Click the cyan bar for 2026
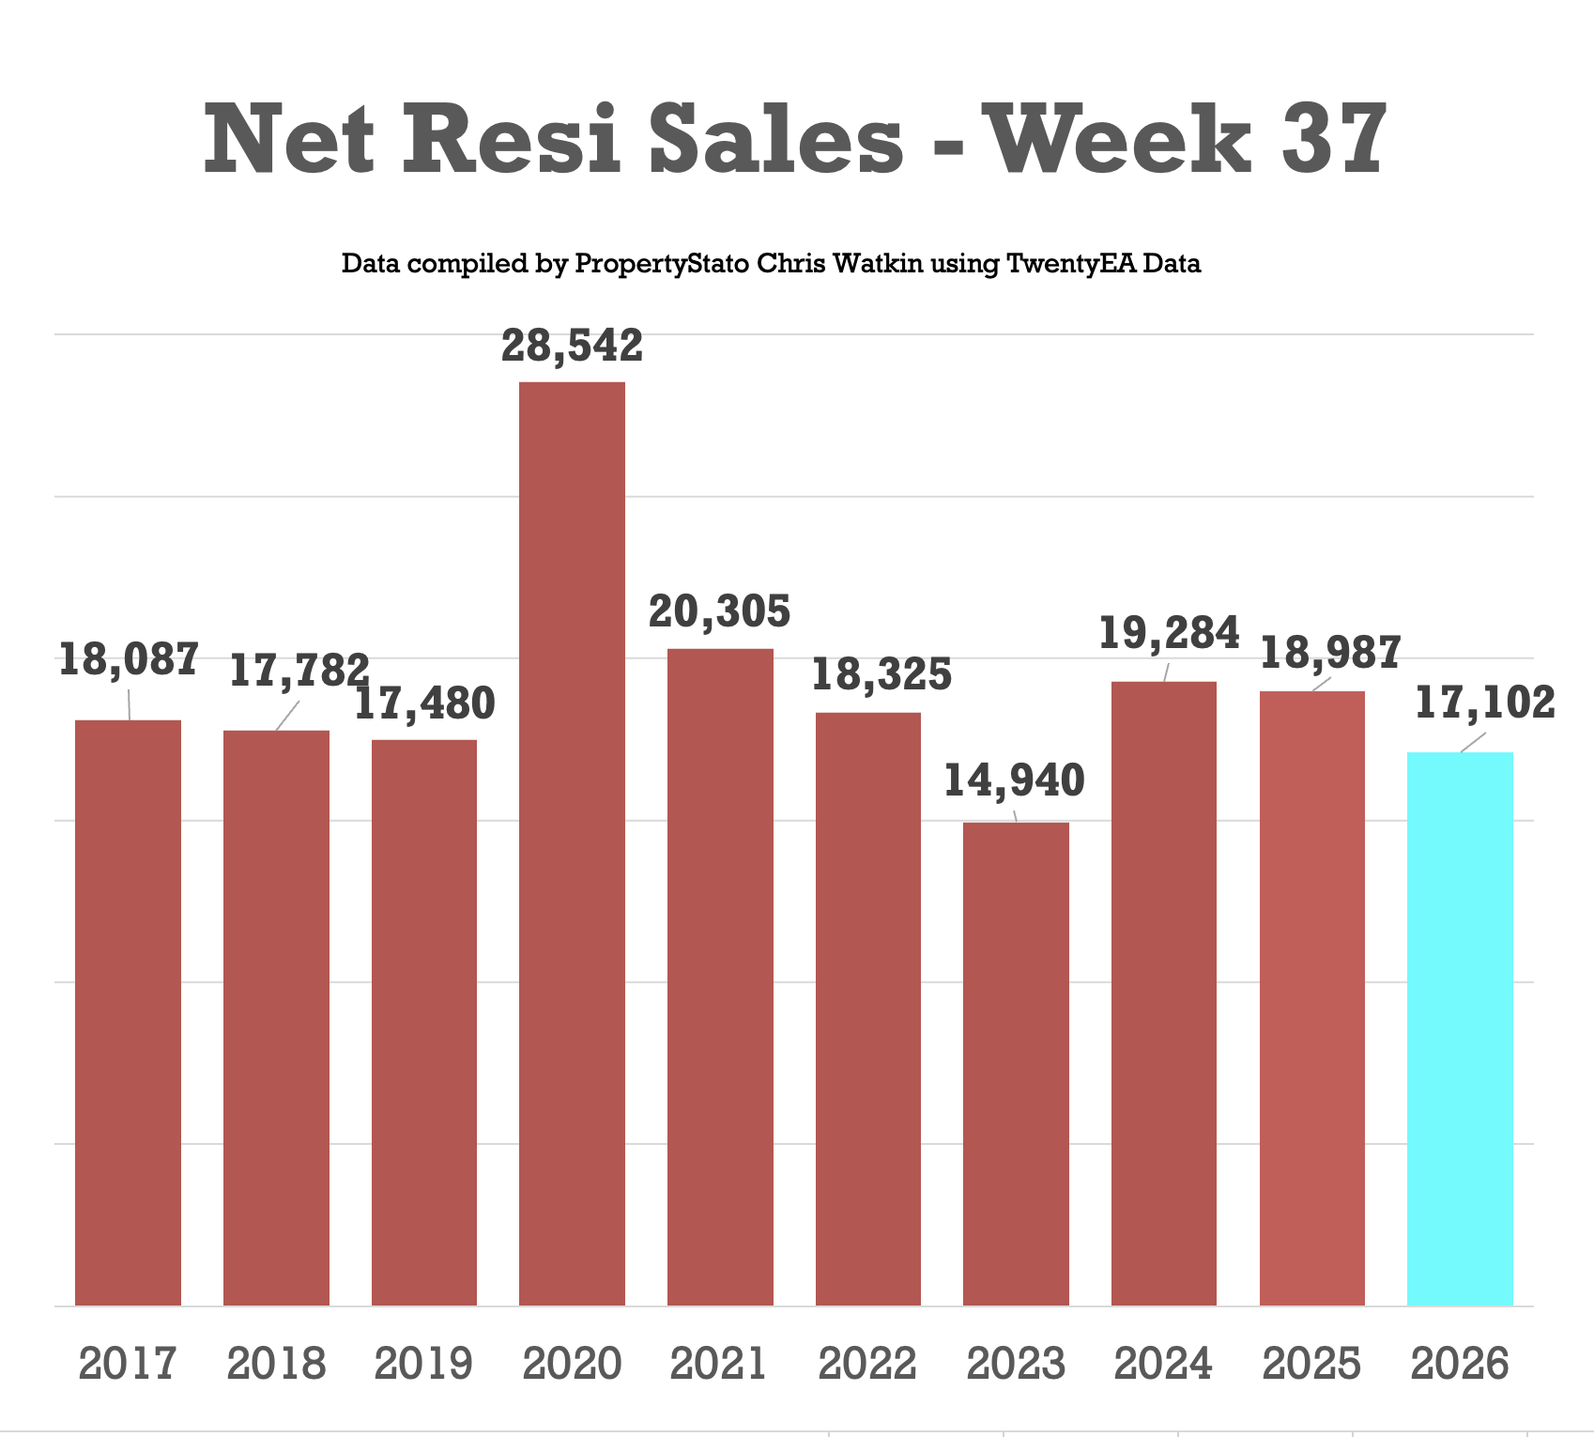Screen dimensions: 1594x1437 1460,1028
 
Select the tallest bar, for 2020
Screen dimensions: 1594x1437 572,843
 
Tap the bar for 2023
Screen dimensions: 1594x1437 1016,1064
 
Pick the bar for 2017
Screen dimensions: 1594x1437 128,1012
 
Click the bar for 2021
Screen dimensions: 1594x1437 720,977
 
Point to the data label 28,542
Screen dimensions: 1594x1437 572,346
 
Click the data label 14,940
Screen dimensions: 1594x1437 1014,781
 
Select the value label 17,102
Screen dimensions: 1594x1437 1484,703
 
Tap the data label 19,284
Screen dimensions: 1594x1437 1169,634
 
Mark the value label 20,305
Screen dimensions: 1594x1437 720,612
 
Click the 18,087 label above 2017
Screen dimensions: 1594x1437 129,659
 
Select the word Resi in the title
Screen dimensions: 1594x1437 513,140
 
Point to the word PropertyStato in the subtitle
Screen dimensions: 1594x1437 662,264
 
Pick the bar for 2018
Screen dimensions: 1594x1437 276,1018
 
